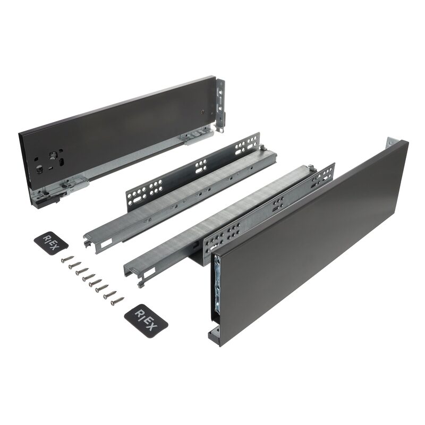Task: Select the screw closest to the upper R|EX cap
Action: (x=68, y=259)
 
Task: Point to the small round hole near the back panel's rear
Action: (x=203, y=112)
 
